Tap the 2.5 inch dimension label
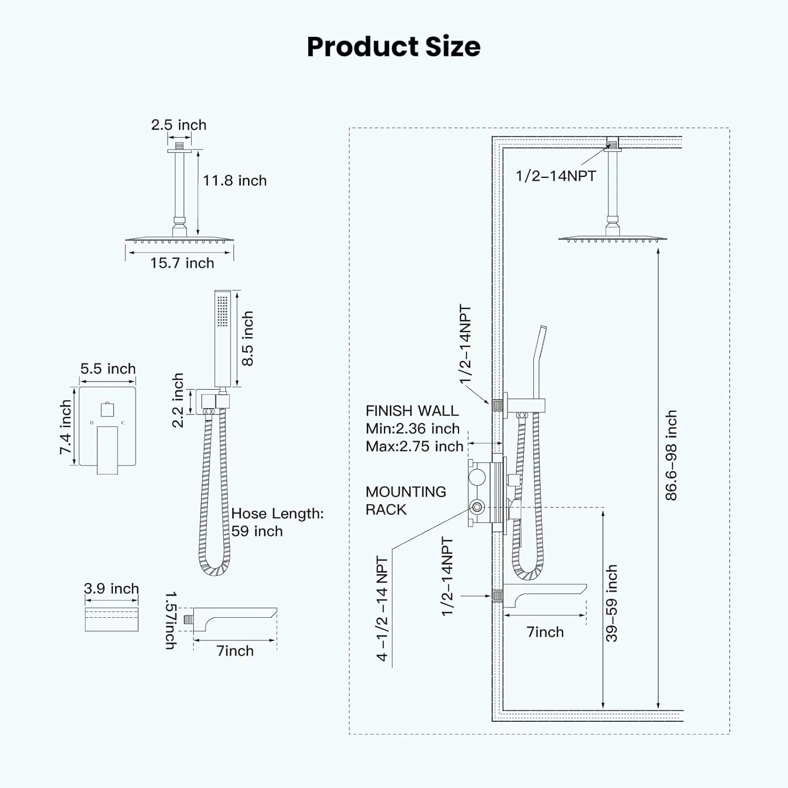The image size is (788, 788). click(x=179, y=125)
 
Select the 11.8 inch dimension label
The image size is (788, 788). click(x=235, y=181)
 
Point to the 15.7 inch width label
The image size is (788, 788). click(x=182, y=263)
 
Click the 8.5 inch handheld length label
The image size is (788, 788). click(x=247, y=338)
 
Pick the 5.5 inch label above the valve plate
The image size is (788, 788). click(x=108, y=369)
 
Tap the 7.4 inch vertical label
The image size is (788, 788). click(x=65, y=427)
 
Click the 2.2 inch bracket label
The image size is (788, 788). click(x=178, y=400)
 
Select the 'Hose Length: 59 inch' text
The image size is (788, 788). click(x=277, y=522)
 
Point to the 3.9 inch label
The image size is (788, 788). click(x=111, y=588)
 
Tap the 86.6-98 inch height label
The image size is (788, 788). click(x=671, y=455)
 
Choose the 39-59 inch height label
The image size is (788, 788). click(x=611, y=603)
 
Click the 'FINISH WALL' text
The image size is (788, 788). click(x=412, y=411)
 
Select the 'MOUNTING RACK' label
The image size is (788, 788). click(x=406, y=501)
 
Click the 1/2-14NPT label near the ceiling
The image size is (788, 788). click(x=556, y=176)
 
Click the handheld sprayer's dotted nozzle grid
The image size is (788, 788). click(x=222, y=311)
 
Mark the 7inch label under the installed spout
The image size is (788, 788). click(x=545, y=632)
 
